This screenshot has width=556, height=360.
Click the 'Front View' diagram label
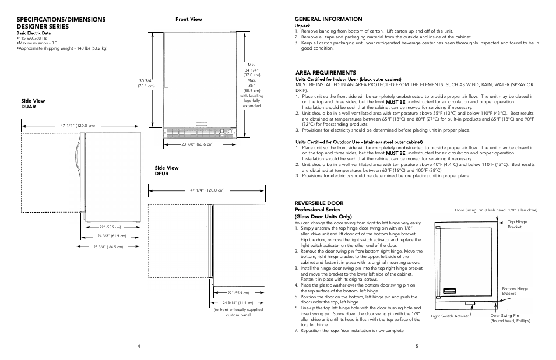[189, 19]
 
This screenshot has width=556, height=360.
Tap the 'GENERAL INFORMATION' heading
[328, 19]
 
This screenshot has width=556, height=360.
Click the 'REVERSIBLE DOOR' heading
[319, 203]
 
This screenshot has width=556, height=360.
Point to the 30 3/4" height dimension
[146, 83]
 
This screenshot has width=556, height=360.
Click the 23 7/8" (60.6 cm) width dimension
[197, 144]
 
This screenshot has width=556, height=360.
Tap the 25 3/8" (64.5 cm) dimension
[108, 246]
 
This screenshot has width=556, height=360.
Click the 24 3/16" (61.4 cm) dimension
[237, 303]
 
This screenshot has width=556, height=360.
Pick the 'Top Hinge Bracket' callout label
[517, 224]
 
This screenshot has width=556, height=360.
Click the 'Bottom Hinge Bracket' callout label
[515, 291]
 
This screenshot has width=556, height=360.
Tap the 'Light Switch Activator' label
[451, 316]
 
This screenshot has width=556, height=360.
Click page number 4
[139, 346]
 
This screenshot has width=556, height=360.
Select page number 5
[417, 346]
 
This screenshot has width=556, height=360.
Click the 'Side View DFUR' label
[166, 171]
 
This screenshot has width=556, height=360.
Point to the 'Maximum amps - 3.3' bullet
[38, 43]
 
